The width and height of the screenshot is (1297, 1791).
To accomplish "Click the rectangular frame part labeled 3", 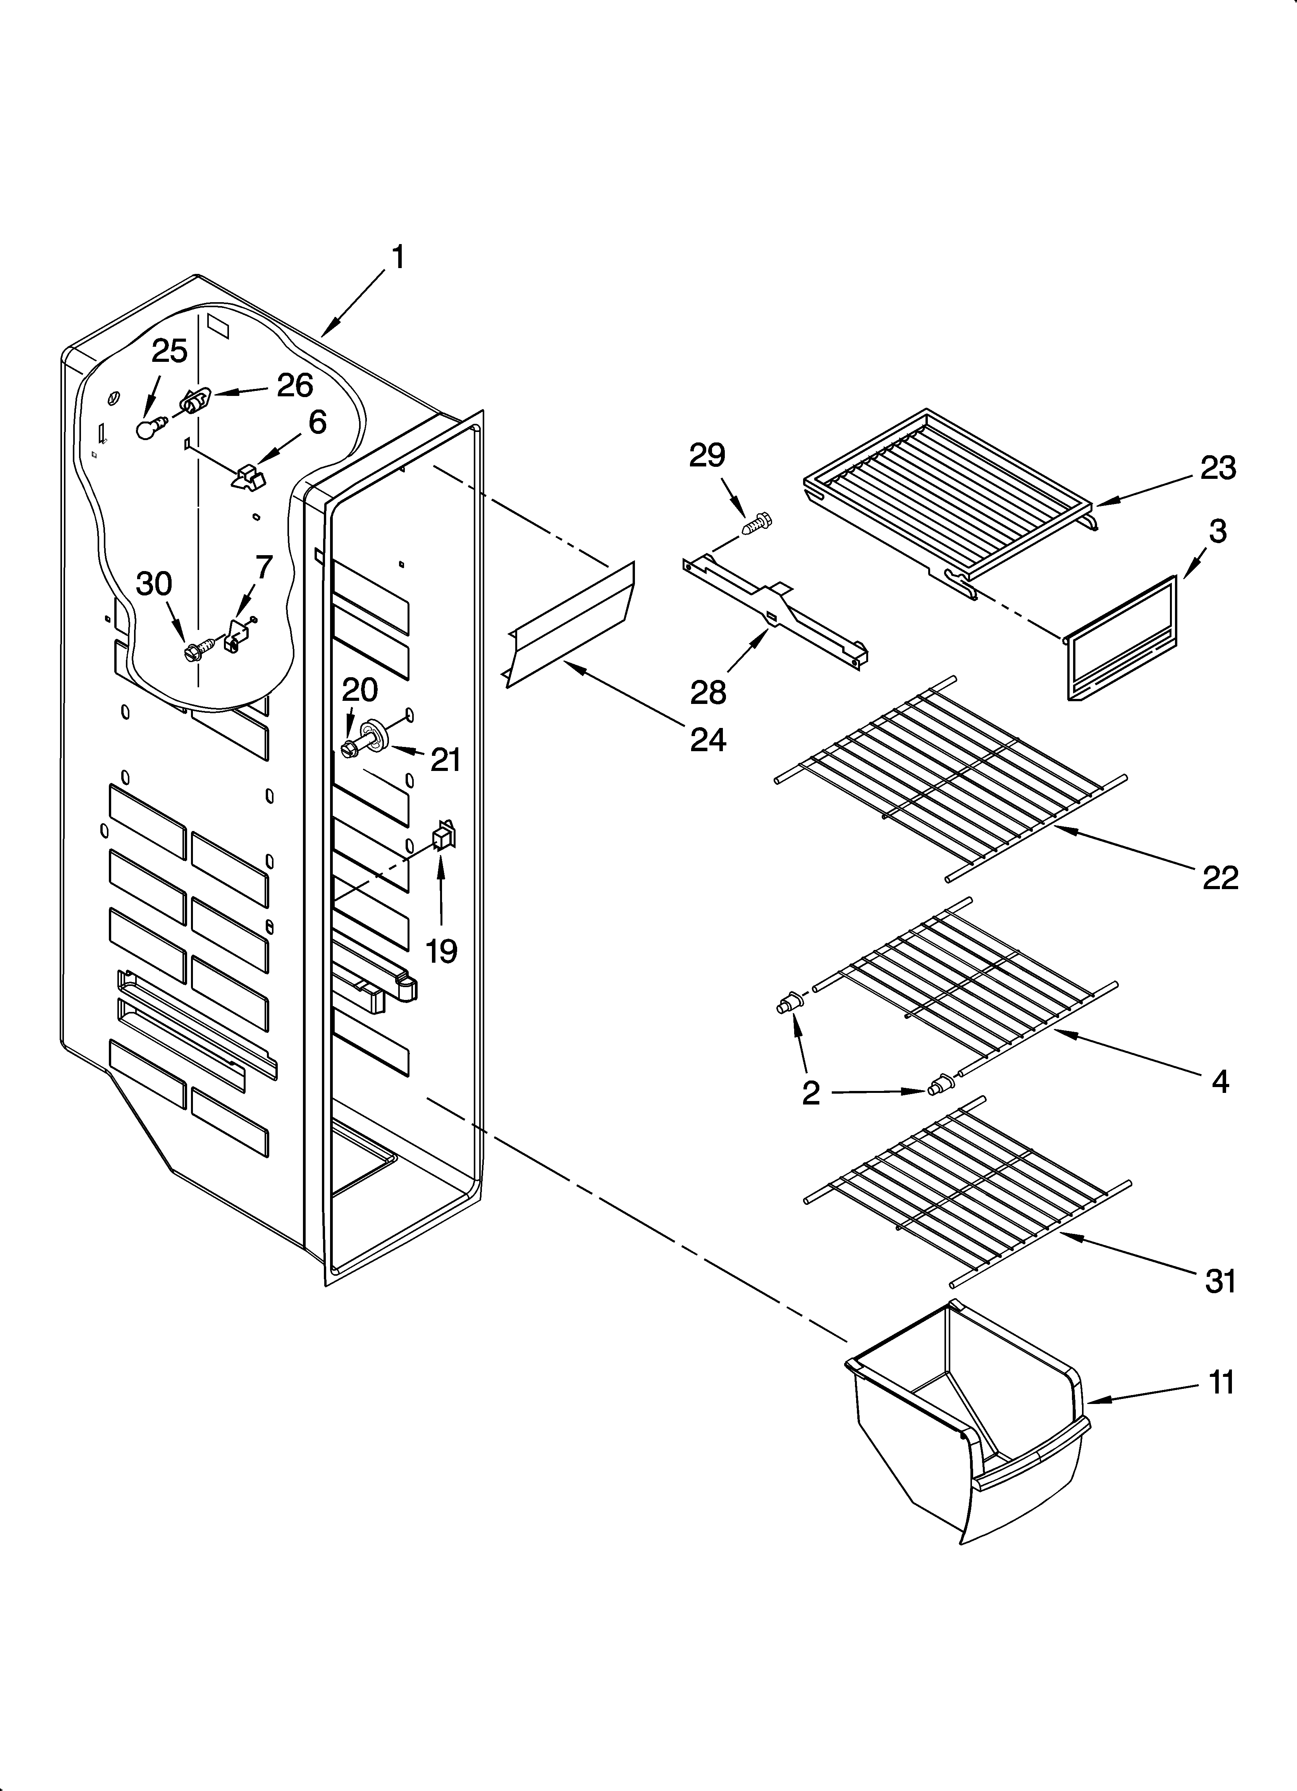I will click(1122, 638).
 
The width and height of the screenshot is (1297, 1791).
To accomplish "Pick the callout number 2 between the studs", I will click(810, 1093).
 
